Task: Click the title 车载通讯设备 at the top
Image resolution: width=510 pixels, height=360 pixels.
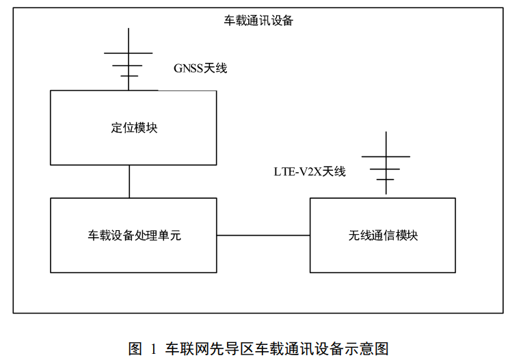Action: click(259, 20)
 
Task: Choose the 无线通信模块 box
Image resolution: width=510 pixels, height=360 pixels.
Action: click(382, 235)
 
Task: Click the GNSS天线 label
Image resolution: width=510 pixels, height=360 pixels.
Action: click(200, 68)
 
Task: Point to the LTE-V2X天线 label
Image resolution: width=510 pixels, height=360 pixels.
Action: click(310, 171)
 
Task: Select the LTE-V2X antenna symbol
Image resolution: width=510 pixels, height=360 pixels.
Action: click(386, 165)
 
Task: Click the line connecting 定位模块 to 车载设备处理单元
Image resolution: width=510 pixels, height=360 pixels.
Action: click(129, 181)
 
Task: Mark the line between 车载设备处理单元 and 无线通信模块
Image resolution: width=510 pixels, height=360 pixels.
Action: click(263, 236)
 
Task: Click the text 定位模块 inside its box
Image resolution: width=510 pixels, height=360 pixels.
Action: click(134, 128)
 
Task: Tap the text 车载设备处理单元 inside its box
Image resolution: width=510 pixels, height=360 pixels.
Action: click(134, 236)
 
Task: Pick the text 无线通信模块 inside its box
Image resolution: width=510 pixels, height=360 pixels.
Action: click(383, 236)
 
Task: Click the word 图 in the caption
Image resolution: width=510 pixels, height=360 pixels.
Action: click(135, 348)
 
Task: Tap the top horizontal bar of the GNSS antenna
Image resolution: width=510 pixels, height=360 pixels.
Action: click(128, 53)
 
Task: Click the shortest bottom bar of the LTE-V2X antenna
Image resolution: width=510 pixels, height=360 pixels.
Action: click(386, 180)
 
